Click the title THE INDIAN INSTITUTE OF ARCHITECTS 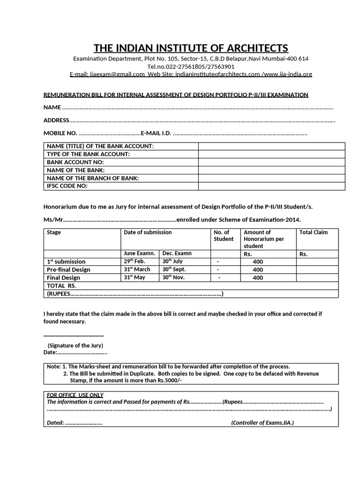click(x=191, y=48)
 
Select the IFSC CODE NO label click(x=67, y=186)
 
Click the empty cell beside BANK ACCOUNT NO click(x=271, y=162)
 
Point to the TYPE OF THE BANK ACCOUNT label click(x=88, y=154)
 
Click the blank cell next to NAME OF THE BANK click(x=271, y=170)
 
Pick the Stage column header click(x=54, y=232)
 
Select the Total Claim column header click(x=314, y=232)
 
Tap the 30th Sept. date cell click(x=174, y=270)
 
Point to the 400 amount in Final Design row click(x=258, y=277)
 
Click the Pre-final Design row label click(x=68, y=270)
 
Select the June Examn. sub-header click(x=139, y=254)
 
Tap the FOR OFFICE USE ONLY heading click(x=75, y=395)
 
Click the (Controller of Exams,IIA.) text click(x=262, y=423)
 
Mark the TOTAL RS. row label click(x=61, y=285)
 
